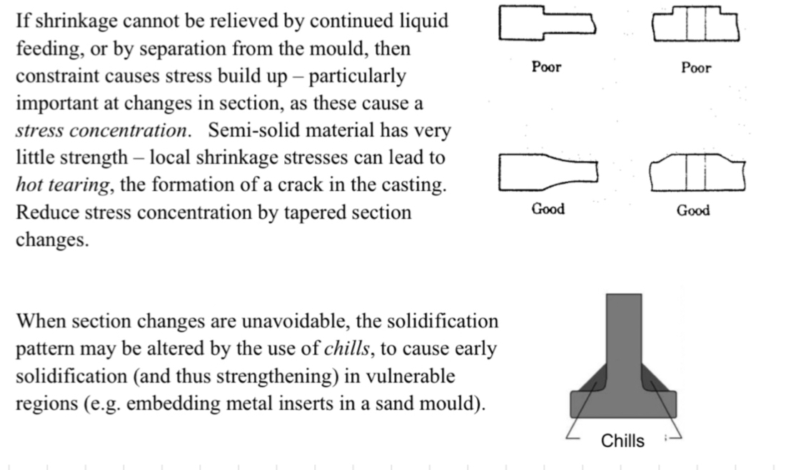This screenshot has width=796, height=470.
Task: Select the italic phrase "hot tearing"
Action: tap(63, 185)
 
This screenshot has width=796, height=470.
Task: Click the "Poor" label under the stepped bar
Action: tap(546, 67)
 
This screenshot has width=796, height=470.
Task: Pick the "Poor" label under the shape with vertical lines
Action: tap(695, 68)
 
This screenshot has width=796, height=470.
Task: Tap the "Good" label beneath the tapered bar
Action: tap(548, 209)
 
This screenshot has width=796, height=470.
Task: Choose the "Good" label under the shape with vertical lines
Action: tap(692, 210)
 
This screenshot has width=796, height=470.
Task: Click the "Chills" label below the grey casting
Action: tap(623, 441)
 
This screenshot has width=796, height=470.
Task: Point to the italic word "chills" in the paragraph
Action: tap(346, 349)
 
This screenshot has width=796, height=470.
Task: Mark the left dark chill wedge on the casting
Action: tap(590, 380)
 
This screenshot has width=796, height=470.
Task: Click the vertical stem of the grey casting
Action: tap(623, 328)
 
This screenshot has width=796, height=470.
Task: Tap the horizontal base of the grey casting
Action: tap(623, 405)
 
